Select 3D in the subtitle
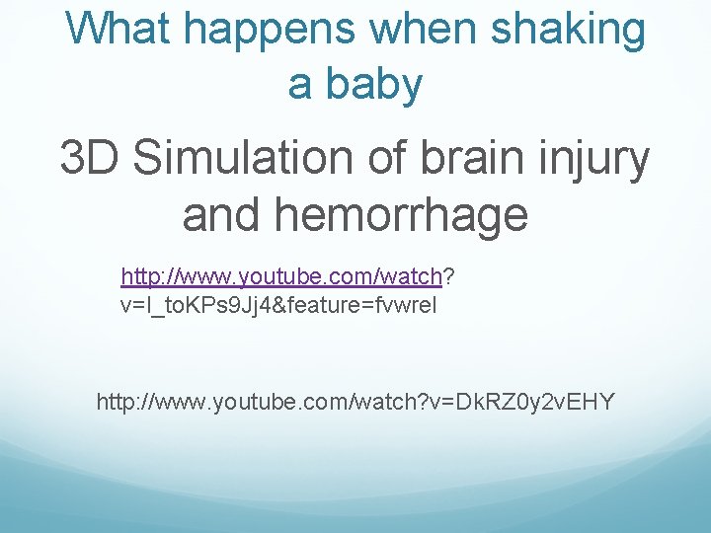click(91, 159)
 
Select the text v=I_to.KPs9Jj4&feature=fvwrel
click(277, 305)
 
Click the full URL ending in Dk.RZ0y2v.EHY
click(355, 402)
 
